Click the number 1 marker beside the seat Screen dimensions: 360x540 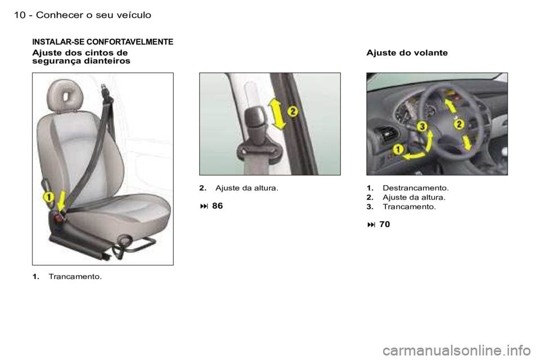48,197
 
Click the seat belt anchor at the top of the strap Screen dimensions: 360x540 104,89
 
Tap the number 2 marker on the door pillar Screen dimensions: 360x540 292,111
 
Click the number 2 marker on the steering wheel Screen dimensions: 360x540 459,123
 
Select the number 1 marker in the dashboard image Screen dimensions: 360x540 398,149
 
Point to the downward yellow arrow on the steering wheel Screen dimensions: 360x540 466,142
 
